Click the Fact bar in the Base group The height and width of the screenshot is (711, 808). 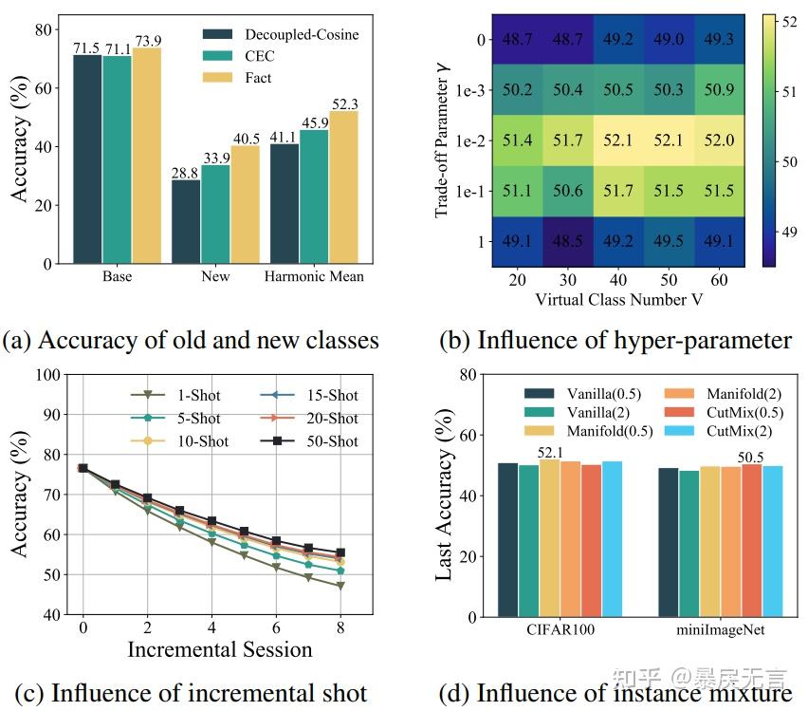[x=147, y=155]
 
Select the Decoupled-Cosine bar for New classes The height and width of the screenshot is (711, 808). [x=186, y=221]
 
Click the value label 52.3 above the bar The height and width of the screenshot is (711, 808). [x=344, y=103]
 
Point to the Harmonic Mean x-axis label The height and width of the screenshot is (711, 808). [x=315, y=277]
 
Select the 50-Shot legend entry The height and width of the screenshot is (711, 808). [x=308, y=441]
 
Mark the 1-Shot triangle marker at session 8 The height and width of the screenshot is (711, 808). [x=340, y=586]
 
